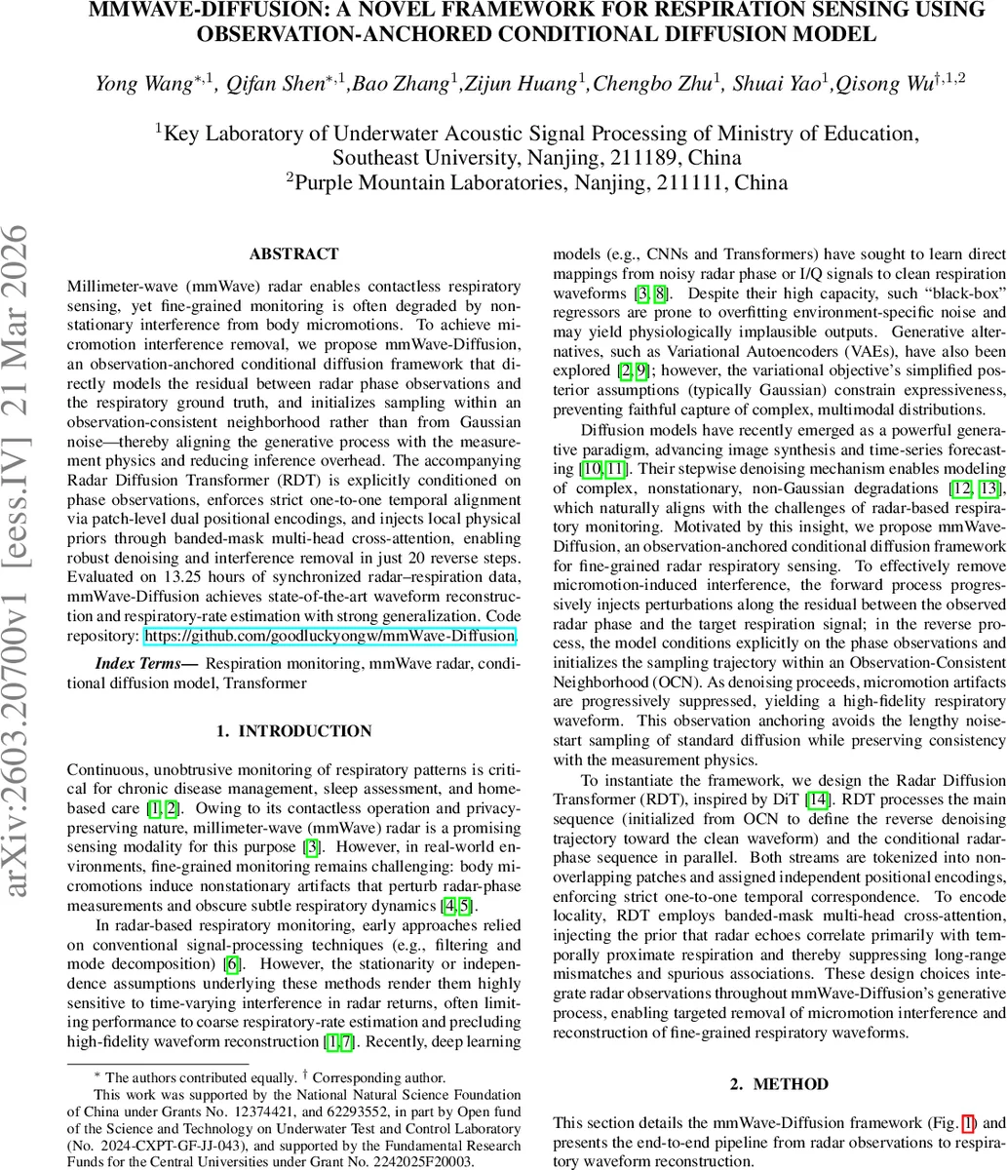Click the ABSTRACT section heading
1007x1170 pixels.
[x=293, y=254]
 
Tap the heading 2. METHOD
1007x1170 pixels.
[x=779, y=1083]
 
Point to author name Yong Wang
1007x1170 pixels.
[x=147, y=84]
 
